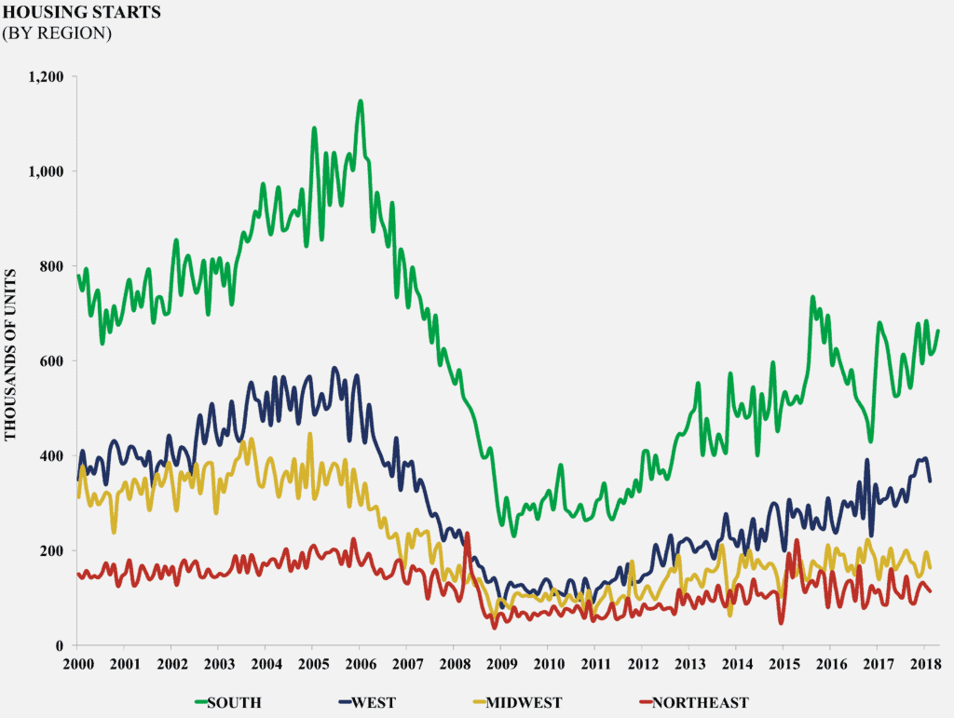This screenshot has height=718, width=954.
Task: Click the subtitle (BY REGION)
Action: (57, 33)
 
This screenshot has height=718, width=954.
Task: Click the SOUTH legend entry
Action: (227, 702)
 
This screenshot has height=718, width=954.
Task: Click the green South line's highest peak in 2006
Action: (360, 101)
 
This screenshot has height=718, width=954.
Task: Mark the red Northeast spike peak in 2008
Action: (467, 534)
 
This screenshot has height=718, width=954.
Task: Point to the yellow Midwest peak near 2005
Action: (310, 434)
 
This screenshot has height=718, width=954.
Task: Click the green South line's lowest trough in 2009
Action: (513, 535)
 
